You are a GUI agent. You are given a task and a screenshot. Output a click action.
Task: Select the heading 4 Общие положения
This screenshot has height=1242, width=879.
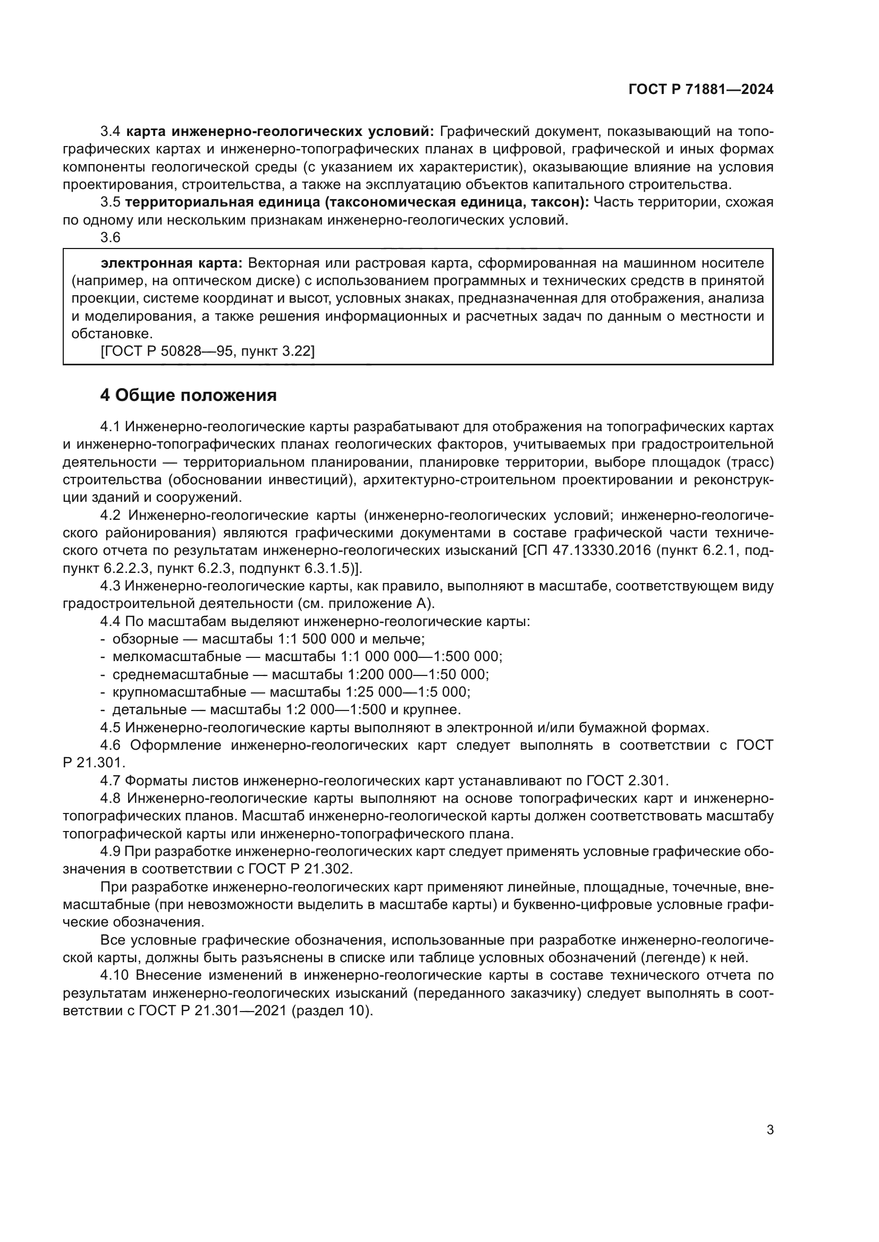click(x=188, y=396)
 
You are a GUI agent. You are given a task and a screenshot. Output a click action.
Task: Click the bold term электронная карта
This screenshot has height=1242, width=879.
click(x=172, y=263)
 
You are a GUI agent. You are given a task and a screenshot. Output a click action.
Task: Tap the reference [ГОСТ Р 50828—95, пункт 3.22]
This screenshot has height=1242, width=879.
click(x=207, y=351)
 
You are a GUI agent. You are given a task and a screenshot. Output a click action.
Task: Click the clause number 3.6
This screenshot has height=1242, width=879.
click(x=111, y=237)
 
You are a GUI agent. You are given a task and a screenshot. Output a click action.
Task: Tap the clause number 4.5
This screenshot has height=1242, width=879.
click(x=111, y=727)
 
